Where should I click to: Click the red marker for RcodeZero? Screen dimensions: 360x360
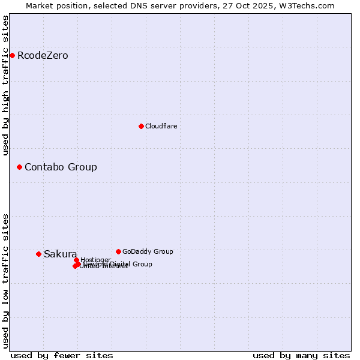[12, 56]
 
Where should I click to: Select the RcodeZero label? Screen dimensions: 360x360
[43, 56]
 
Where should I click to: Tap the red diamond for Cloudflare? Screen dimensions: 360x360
[141, 126]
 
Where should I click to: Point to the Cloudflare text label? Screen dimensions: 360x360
[161, 126]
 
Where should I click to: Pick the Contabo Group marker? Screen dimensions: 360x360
[19, 167]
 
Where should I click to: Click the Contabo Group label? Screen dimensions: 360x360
[61, 167]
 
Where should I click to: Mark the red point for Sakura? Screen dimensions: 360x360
[38, 254]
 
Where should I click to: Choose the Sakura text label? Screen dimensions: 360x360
[60, 254]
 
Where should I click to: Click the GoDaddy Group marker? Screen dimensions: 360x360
[118, 251]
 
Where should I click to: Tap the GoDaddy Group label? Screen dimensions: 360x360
[148, 251]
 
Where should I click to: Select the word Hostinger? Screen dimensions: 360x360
[95, 260]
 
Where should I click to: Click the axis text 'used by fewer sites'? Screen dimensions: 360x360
[62, 355]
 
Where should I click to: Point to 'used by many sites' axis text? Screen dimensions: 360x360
[301, 355]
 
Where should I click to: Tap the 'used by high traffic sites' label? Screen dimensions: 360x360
[5, 85]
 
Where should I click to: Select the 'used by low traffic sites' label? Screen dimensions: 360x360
[5, 281]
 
